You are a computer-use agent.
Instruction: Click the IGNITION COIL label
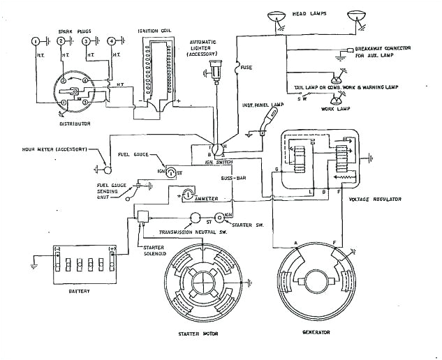tap(159, 31)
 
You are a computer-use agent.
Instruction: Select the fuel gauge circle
tap(170, 173)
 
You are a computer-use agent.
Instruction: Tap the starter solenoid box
tap(145, 216)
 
